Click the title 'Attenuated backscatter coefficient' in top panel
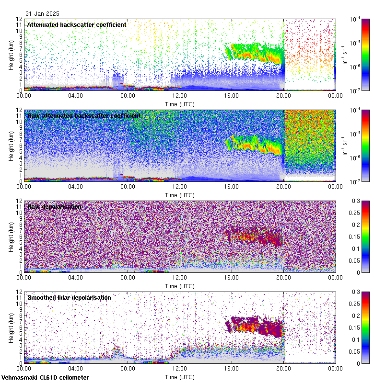coord(77,24)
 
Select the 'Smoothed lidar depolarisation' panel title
coord(69,297)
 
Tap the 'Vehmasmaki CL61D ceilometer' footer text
coord(45,378)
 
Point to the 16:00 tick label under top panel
coord(232,95)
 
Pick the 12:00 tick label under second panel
coord(180,186)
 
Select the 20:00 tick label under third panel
coord(283,277)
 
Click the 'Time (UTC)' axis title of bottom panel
coord(180,377)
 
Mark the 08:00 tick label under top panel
coord(128,95)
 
